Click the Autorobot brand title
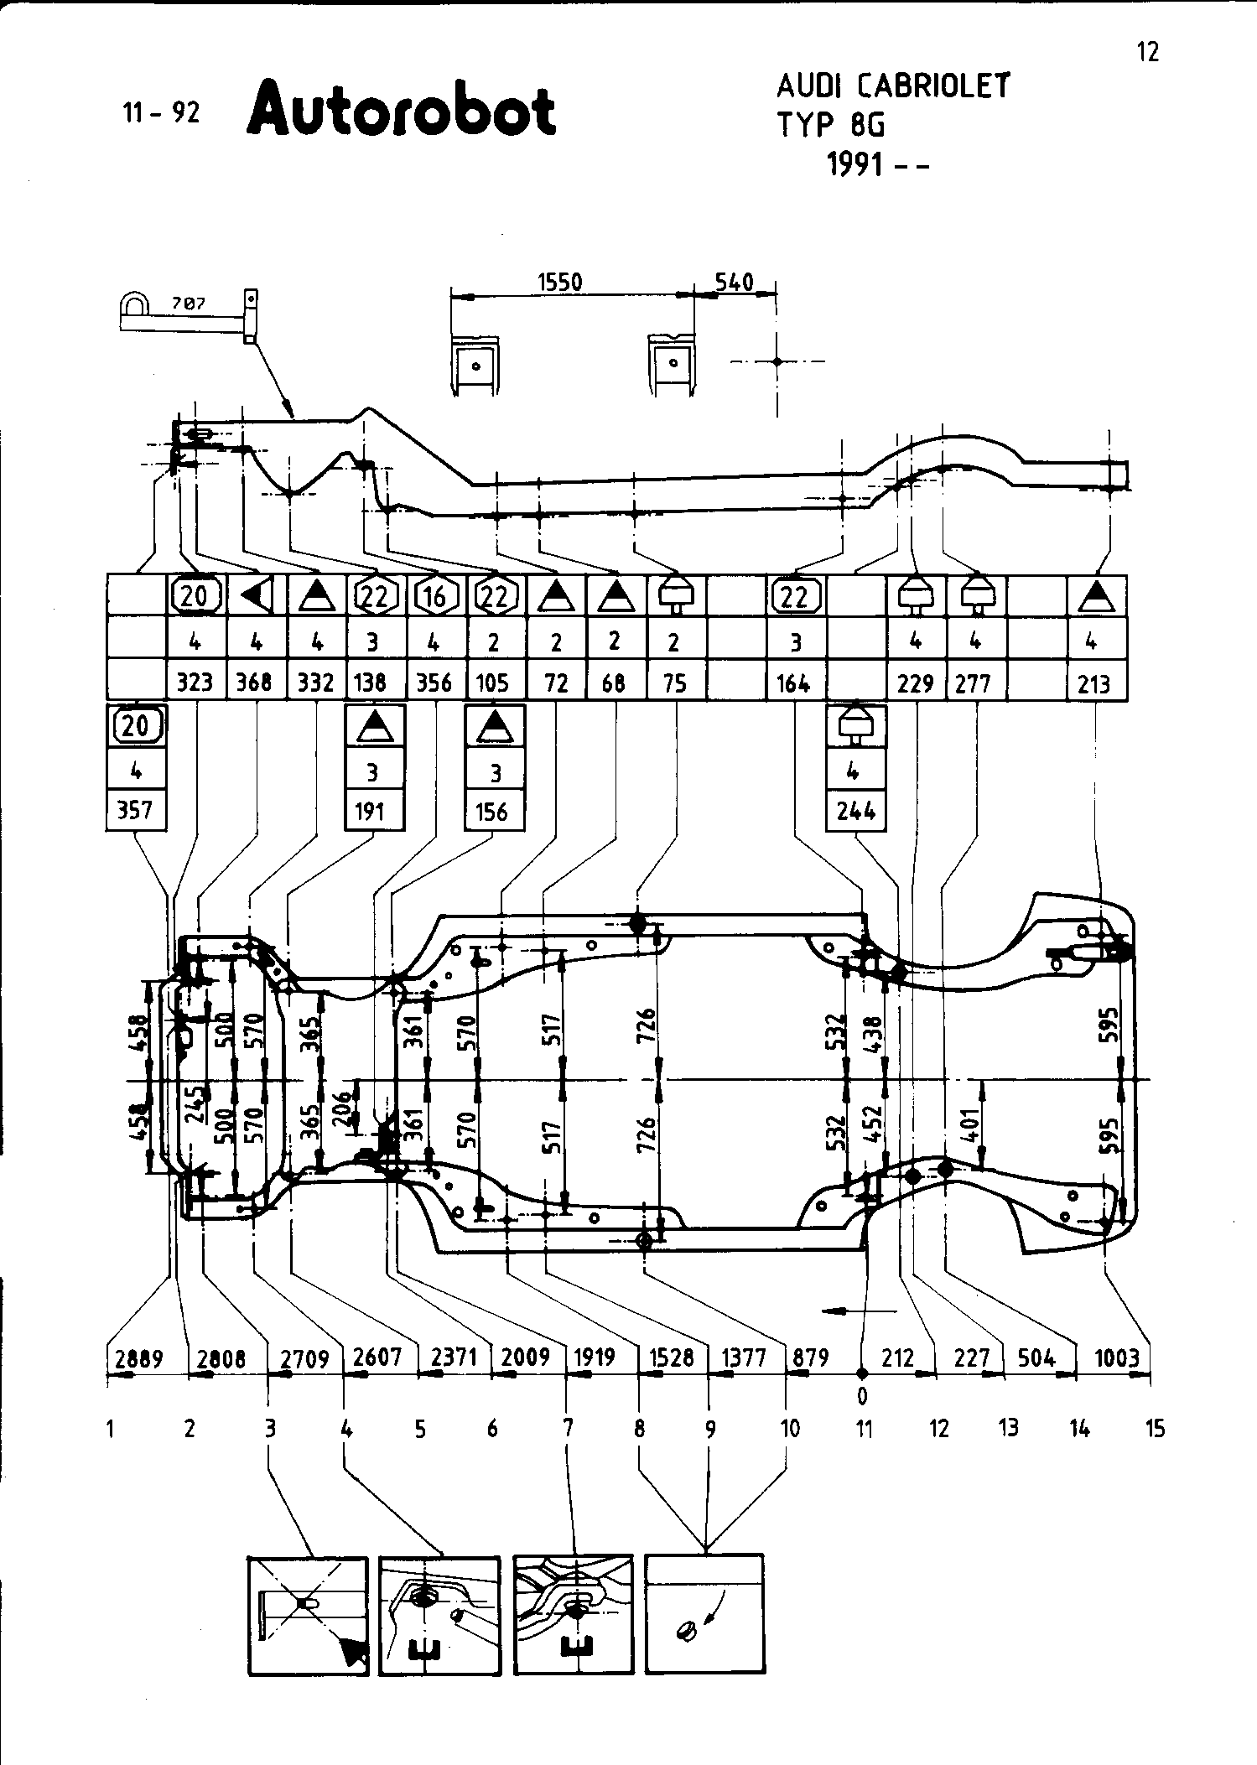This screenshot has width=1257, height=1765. (401, 110)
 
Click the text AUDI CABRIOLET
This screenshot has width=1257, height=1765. (893, 86)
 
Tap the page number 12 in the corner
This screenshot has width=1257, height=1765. (1148, 52)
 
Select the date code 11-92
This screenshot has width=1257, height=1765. (162, 112)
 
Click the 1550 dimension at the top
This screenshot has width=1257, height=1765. (559, 282)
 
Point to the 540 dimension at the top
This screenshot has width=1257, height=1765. (734, 282)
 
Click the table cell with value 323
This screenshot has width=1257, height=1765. (195, 683)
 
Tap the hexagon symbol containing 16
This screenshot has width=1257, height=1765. (435, 597)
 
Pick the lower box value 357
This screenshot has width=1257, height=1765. (136, 811)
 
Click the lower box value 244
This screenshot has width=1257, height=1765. (856, 811)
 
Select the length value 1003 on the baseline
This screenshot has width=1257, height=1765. (1117, 1358)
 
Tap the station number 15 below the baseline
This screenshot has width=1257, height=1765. (1155, 1429)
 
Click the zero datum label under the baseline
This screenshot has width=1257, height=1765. (862, 1397)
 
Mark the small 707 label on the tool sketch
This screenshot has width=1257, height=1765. (189, 304)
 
